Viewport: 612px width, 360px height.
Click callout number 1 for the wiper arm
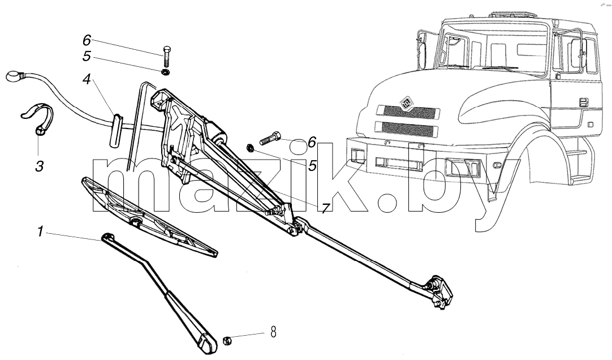(40, 232)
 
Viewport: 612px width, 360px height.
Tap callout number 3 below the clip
(39, 166)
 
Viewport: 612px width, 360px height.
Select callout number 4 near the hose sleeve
(87, 80)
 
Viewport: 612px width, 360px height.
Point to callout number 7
(326, 208)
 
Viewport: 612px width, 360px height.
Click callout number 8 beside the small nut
(273, 333)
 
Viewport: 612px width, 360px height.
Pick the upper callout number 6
(87, 40)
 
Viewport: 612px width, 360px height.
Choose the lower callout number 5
(312, 166)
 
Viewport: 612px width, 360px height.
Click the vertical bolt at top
(166, 57)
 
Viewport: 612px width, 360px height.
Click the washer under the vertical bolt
(166, 72)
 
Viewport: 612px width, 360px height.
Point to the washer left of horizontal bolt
(250, 148)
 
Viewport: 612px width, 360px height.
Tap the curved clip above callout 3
(37, 117)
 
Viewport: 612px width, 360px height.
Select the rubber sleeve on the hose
(116, 131)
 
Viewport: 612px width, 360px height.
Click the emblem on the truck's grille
(407, 103)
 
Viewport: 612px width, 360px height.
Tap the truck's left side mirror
(421, 50)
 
